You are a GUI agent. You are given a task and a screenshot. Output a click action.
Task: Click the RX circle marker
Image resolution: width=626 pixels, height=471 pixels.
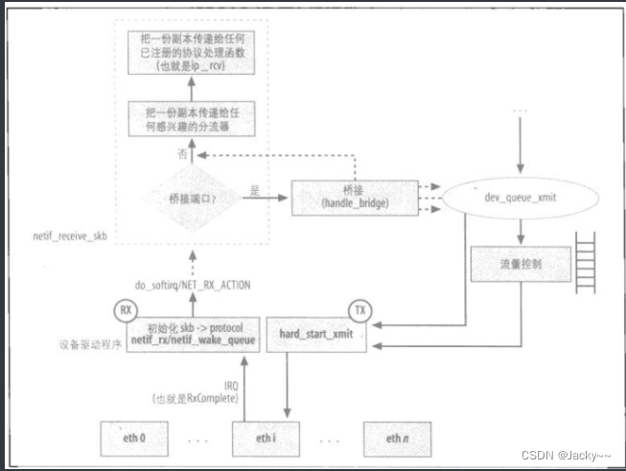coord(125,311)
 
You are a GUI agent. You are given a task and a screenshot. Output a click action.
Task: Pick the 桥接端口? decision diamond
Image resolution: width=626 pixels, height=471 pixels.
coord(188,196)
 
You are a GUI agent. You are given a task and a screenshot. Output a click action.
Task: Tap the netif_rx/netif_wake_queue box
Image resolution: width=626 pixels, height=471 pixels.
coord(187,333)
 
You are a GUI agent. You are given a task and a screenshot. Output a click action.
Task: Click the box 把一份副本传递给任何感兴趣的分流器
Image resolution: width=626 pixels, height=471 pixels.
coord(187,120)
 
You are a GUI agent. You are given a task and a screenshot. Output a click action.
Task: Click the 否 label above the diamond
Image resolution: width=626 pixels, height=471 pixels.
coord(178,153)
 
